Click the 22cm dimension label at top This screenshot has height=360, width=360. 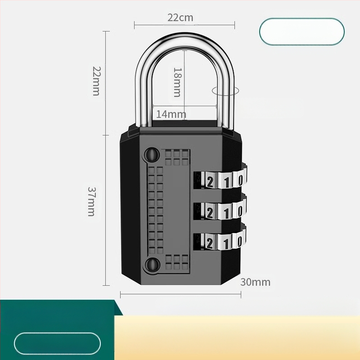pos(180,18)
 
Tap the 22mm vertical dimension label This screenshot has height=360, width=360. pos(96,81)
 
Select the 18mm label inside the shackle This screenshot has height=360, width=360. pos(177,82)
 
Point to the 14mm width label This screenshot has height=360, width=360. pos(171,114)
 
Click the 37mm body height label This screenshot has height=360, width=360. pos(91,202)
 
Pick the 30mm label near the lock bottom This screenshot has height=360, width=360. pos(255,282)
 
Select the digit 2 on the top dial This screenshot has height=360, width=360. pos(210,182)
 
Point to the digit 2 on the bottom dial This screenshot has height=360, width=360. pos(210,243)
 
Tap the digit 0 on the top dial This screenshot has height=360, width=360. pos(240,181)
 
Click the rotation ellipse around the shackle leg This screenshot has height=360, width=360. pos(225,90)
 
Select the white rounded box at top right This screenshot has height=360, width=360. pos(301,31)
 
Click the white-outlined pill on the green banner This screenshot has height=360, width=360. pos(57,344)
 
